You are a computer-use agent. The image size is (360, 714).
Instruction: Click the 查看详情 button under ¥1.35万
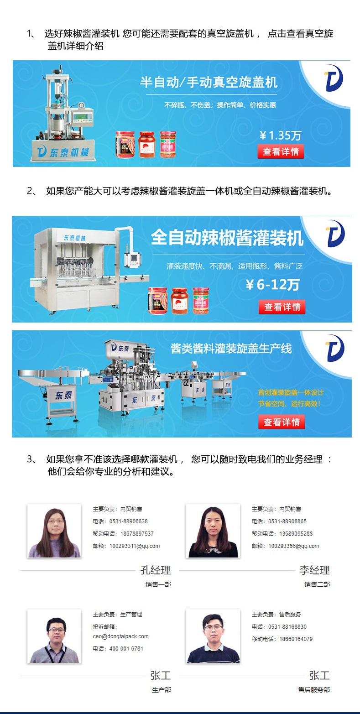pyautogui.click(x=281, y=151)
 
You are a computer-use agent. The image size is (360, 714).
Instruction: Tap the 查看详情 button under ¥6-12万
pyautogui.click(x=282, y=307)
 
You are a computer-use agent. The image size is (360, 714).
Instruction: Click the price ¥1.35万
pyautogui.click(x=280, y=136)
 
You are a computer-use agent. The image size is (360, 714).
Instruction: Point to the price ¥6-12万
pyautogui.click(x=273, y=284)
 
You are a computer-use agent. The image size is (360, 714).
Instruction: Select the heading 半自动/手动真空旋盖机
pyautogui.click(x=209, y=82)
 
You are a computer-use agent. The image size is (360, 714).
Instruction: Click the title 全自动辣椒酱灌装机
pyautogui.click(x=227, y=238)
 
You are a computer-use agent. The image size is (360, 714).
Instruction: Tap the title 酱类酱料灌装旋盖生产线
pyautogui.click(x=231, y=349)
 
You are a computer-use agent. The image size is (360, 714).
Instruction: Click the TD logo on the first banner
pyautogui.click(x=334, y=78)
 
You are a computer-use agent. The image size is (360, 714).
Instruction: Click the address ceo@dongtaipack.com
pyautogui.click(x=120, y=636)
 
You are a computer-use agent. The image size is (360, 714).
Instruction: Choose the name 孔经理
pyautogui.click(x=156, y=570)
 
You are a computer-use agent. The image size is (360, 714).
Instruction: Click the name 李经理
pyautogui.click(x=314, y=570)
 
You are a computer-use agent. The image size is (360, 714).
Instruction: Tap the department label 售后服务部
pyautogui.click(x=314, y=690)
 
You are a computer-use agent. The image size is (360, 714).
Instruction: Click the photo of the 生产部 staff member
pyautogui.click(x=54, y=636)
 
